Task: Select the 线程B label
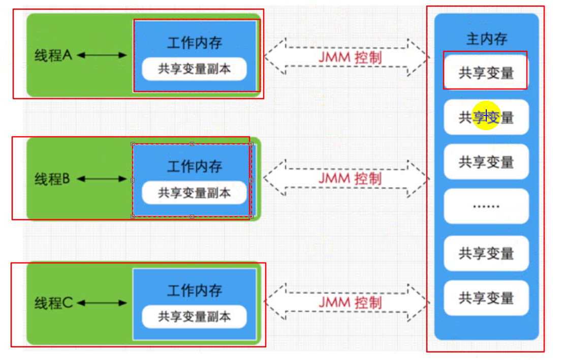(52, 179)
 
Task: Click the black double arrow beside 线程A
(102, 55)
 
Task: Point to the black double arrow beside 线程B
(102, 178)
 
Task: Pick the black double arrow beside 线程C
(102, 303)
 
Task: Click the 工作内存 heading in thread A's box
(195, 43)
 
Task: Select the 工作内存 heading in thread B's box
(195, 166)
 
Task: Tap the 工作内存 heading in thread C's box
(195, 291)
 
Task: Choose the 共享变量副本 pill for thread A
(194, 69)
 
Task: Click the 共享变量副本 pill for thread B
(194, 193)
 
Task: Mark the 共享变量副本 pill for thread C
(194, 317)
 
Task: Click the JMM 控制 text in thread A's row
(350, 57)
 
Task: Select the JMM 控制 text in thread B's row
(350, 178)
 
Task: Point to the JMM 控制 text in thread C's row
(350, 303)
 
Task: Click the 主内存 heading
(486, 39)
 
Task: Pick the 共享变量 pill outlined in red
(486, 73)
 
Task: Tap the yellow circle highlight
(486, 115)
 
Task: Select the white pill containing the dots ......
(486, 206)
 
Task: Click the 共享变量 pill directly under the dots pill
(486, 253)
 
